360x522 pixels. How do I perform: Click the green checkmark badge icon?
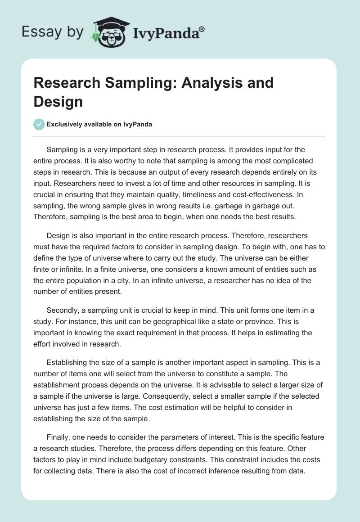(39, 124)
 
